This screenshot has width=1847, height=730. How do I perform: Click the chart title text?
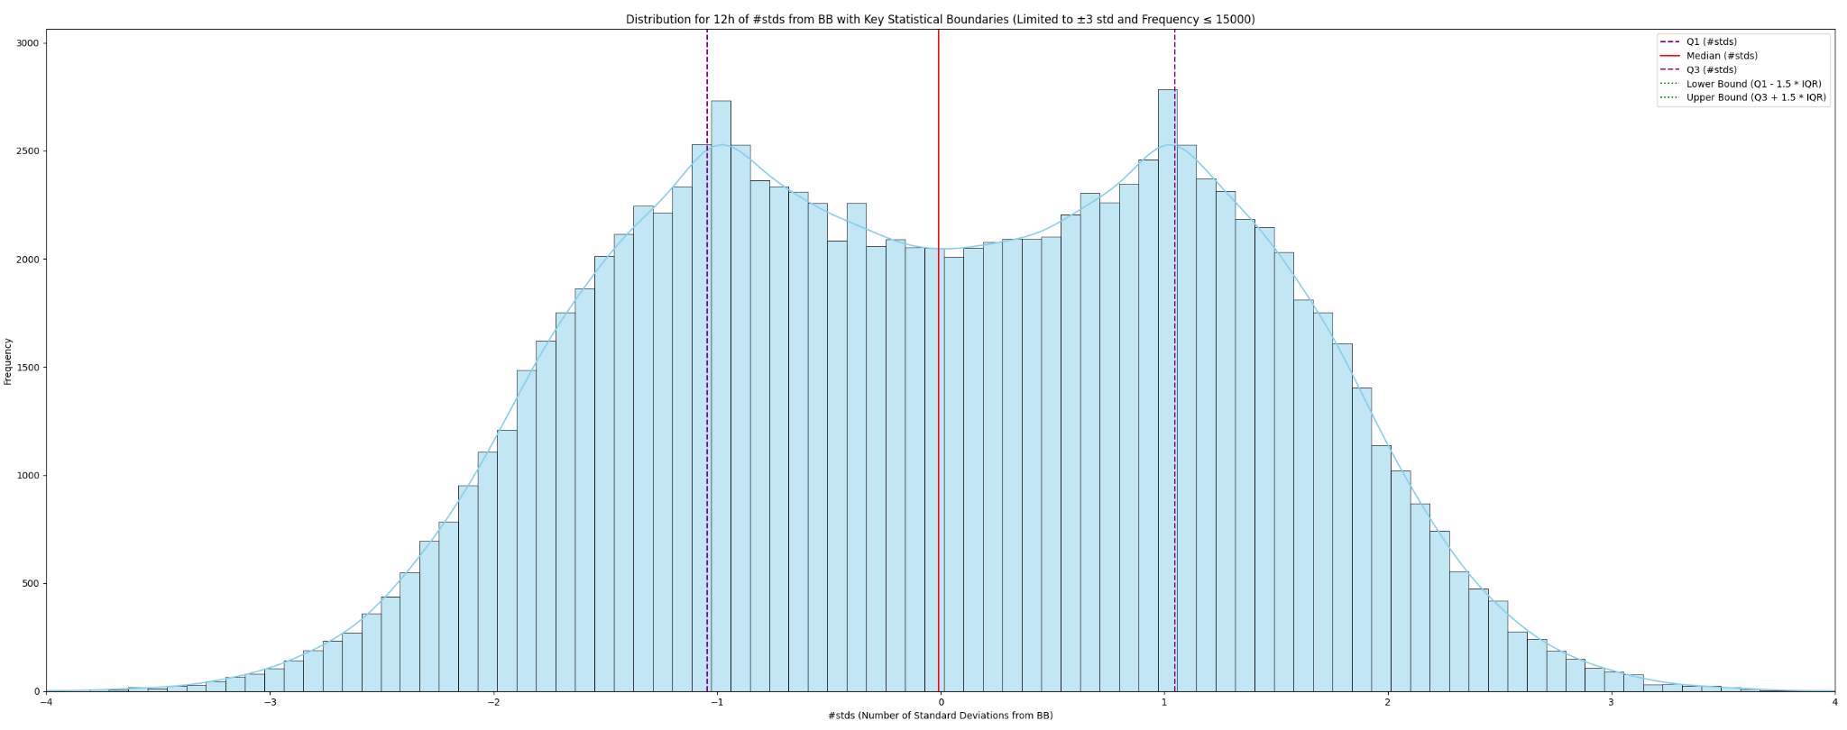(940, 19)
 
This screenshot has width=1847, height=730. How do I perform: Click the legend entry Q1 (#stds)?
(1711, 42)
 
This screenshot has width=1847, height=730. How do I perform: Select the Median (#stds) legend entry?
(1722, 56)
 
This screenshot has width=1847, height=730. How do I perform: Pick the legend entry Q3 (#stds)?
(1711, 69)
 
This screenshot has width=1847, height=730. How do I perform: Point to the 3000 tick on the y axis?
(27, 43)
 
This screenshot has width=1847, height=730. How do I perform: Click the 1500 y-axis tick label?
(27, 368)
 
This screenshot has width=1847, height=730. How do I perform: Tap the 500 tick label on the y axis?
(30, 584)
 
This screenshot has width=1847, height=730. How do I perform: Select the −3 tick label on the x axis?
(269, 702)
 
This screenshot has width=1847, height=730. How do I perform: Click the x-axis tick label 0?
(940, 702)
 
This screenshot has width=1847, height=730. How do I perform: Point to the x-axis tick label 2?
(1387, 702)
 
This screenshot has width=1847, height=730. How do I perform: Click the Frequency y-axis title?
(8, 360)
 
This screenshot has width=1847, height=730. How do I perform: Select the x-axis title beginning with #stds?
(940, 716)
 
